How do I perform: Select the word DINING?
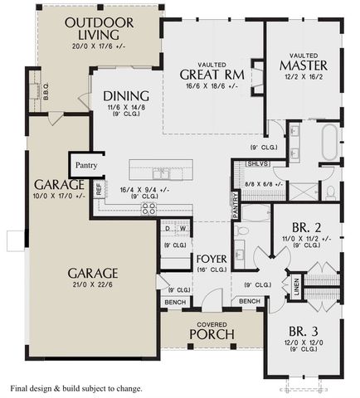click(x=121, y=95)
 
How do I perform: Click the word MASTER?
click(x=303, y=65)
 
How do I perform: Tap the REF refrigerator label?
click(x=99, y=190)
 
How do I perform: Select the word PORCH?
click(x=212, y=334)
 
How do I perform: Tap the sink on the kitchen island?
click(x=162, y=174)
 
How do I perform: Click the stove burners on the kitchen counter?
click(x=149, y=209)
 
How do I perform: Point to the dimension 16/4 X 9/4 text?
click(x=148, y=189)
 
